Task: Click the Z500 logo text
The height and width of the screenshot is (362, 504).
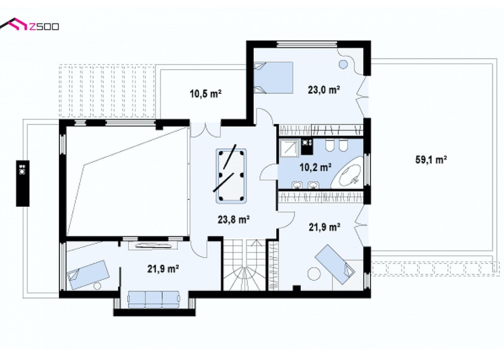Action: click(x=44, y=26)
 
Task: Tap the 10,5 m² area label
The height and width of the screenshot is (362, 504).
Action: click(x=205, y=94)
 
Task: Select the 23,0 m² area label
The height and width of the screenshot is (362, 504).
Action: click(x=324, y=90)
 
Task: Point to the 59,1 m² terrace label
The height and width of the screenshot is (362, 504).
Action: click(x=431, y=159)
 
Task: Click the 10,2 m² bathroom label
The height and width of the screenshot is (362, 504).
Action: click(x=316, y=167)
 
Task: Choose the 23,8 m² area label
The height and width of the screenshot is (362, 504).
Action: click(x=234, y=220)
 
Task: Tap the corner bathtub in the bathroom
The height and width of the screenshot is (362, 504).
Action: click(x=350, y=174)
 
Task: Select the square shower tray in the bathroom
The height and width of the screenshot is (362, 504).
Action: click(x=289, y=148)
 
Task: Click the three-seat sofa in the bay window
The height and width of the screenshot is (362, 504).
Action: click(x=154, y=300)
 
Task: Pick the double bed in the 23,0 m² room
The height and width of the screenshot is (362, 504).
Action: click(x=274, y=78)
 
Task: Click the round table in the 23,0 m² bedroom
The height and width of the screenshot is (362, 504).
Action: click(x=343, y=64)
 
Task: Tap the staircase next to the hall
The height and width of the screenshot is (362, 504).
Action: click(x=245, y=265)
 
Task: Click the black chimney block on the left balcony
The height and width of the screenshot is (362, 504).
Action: click(x=23, y=183)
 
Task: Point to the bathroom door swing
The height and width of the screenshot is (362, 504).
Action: click(x=268, y=172)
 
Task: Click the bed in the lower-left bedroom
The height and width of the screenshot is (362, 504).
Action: click(x=88, y=274)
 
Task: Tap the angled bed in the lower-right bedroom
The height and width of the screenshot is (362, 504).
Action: click(x=335, y=264)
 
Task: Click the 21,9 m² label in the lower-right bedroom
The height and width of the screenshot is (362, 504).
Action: click(x=324, y=227)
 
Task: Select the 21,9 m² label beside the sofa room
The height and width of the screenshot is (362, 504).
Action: click(x=163, y=269)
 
